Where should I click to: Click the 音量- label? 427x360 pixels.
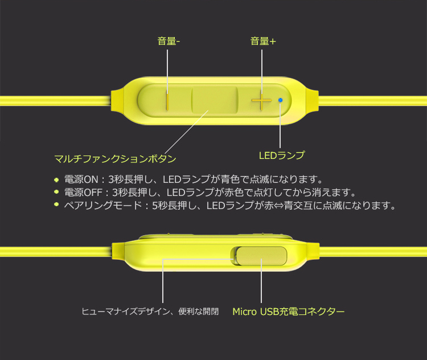(x=169, y=41)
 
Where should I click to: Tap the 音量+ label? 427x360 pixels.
(x=263, y=41)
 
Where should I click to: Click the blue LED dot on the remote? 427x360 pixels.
(x=280, y=100)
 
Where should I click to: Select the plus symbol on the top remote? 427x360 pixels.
(x=261, y=101)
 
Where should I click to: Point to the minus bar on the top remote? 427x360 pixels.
(x=167, y=102)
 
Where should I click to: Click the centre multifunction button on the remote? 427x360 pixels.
(x=215, y=100)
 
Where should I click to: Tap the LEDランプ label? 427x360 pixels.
(x=282, y=156)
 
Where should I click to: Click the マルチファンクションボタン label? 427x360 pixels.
(x=115, y=158)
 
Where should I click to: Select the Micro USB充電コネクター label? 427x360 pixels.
(x=289, y=311)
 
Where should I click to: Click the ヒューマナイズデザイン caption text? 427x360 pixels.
(x=126, y=311)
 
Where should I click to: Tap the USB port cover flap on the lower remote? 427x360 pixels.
(x=261, y=256)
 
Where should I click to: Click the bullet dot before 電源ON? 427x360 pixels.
(x=56, y=179)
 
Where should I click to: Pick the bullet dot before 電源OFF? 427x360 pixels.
(x=56, y=192)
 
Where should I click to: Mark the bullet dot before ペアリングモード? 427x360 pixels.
(x=56, y=204)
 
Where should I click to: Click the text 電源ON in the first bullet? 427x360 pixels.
(x=81, y=179)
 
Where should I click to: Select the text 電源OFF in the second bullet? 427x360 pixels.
(x=83, y=193)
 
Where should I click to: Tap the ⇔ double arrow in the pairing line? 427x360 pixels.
(x=279, y=206)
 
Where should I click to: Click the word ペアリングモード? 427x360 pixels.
(x=103, y=205)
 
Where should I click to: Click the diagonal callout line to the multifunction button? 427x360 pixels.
(x=187, y=133)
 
